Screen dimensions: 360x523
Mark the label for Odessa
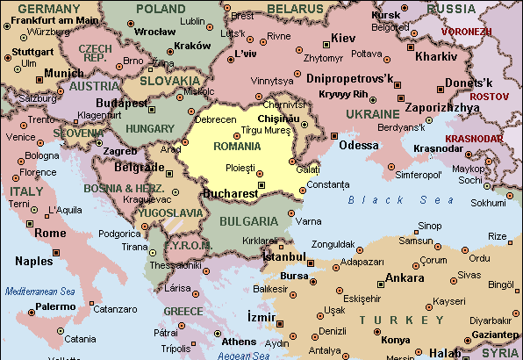coord(359,145)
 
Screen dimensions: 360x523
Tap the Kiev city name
coord(342,40)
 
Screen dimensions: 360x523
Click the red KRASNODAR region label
coord(474,138)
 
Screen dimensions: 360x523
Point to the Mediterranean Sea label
coord(40,291)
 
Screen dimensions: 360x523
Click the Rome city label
coord(50,233)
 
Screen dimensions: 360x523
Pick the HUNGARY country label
coord(150,128)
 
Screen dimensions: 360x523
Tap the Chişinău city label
coord(281,118)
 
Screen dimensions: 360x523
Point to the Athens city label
coord(239,341)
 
